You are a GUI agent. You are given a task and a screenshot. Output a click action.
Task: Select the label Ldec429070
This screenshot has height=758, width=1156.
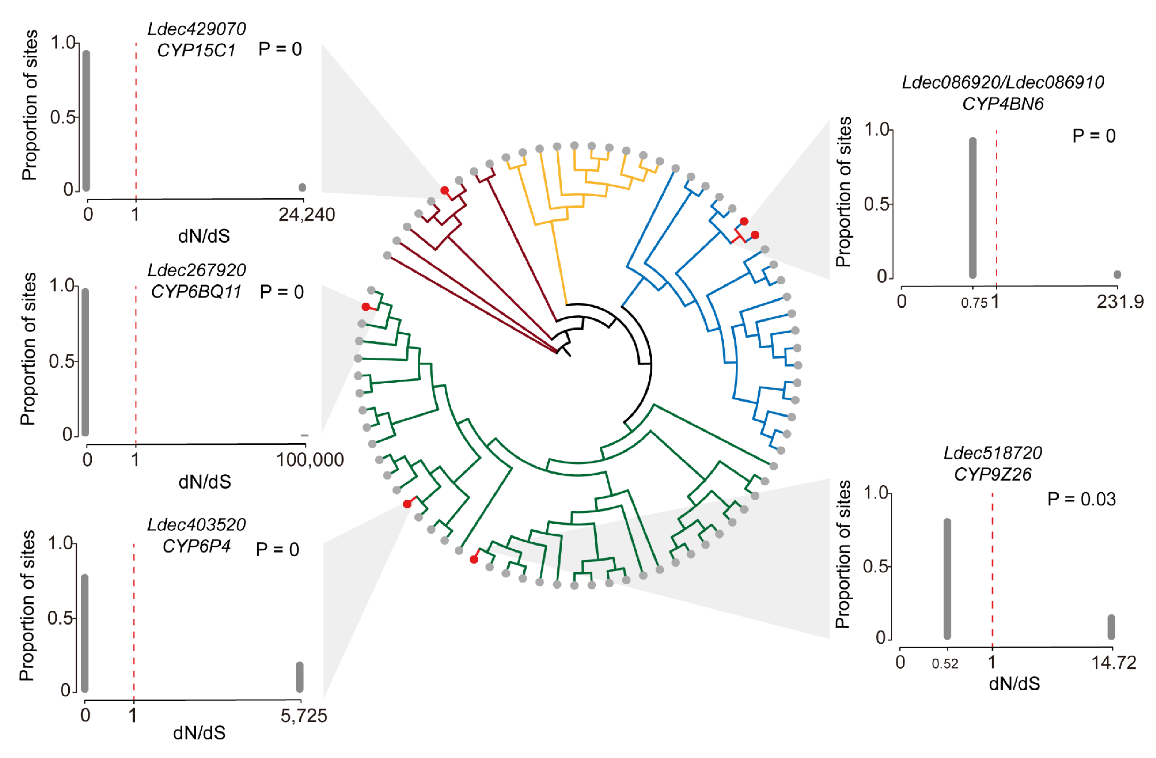click(x=196, y=29)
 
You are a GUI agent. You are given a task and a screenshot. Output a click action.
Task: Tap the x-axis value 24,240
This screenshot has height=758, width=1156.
click(x=306, y=215)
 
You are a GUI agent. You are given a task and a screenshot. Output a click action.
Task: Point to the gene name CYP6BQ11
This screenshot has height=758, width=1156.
click(x=196, y=292)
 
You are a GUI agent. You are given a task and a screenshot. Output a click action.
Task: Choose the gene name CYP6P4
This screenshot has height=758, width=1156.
click(x=196, y=546)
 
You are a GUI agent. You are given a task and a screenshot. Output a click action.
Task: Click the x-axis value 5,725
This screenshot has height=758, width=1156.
click(x=304, y=716)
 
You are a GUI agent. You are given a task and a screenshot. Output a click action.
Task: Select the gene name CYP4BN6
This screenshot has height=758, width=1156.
click(x=1003, y=104)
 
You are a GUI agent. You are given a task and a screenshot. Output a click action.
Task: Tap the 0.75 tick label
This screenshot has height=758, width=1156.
click(x=974, y=303)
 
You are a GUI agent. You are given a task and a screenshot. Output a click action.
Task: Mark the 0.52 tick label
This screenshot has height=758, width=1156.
click(x=945, y=664)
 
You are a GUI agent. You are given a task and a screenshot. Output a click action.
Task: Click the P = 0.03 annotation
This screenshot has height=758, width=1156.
click(x=1081, y=499)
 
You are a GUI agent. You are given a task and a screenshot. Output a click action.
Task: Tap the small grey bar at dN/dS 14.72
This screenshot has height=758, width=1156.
click(x=1111, y=627)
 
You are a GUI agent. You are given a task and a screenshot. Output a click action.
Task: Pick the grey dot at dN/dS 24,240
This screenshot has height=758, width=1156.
click(x=302, y=187)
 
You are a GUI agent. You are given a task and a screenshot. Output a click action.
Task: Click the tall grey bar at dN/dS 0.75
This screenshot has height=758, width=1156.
click(x=973, y=208)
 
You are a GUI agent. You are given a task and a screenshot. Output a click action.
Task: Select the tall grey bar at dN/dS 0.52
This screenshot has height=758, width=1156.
click(x=947, y=579)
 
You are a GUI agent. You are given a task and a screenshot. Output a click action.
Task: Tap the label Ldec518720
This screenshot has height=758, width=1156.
click(x=992, y=453)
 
